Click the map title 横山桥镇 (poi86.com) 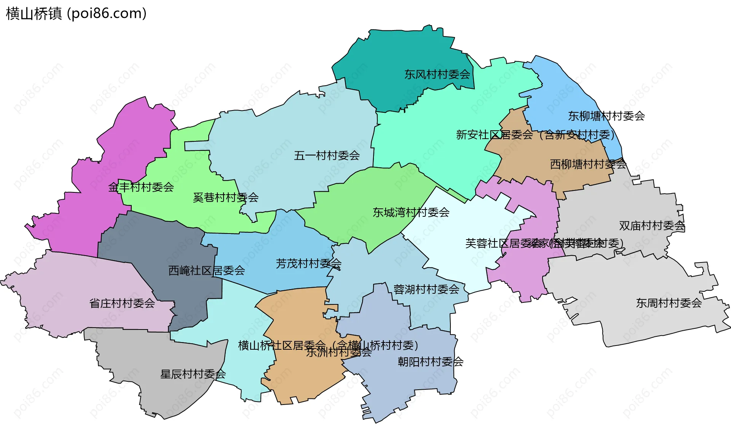pyautogui.click(x=76, y=14)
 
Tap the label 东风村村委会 pyautogui.click(x=437, y=74)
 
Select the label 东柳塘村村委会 pyautogui.click(x=606, y=116)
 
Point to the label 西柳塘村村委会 pyautogui.click(x=588, y=164)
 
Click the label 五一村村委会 pyautogui.click(x=327, y=155)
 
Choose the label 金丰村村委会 pyautogui.click(x=141, y=187)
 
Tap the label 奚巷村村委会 pyautogui.click(x=225, y=197)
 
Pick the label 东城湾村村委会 pyautogui.click(x=411, y=212)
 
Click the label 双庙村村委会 pyautogui.click(x=652, y=226)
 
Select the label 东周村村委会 pyautogui.click(x=669, y=303)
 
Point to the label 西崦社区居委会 pyautogui.click(x=206, y=270)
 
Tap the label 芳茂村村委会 pyautogui.click(x=308, y=263)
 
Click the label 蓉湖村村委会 pyautogui.click(x=426, y=289)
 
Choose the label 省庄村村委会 pyautogui.click(x=122, y=303)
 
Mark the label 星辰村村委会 pyautogui.click(x=193, y=374)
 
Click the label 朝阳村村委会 pyautogui.click(x=430, y=362)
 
